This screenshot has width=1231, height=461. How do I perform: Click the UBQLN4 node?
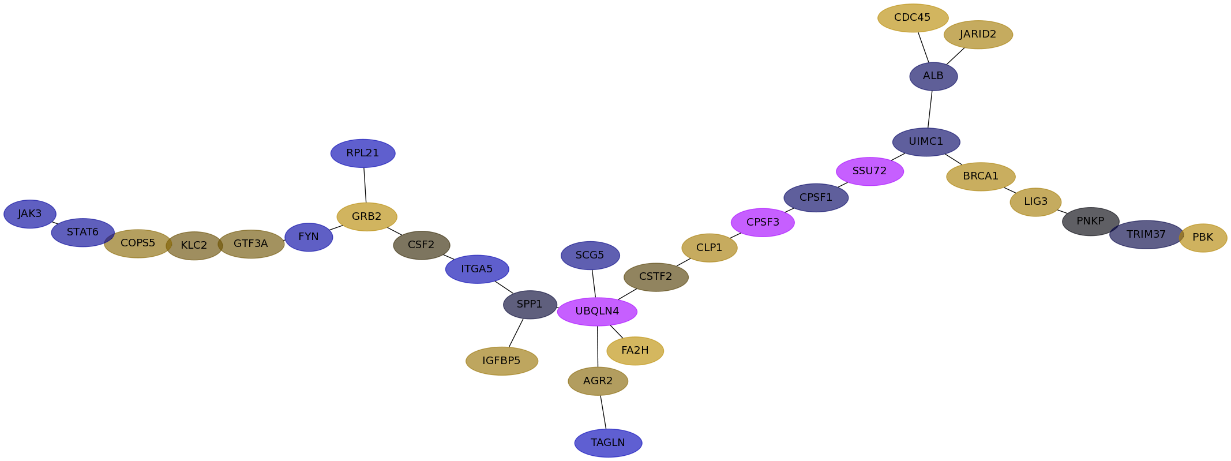click(x=597, y=312)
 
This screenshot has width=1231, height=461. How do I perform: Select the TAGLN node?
click(x=608, y=443)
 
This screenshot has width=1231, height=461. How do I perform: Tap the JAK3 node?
click(x=30, y=214)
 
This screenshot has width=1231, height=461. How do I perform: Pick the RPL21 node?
click(x=363, y=153)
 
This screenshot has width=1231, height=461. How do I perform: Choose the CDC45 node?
click(x=913, y=18)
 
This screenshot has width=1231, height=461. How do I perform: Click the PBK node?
click(x=1203, y=238)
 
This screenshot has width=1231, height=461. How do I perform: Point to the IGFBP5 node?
click(x=502, y=361)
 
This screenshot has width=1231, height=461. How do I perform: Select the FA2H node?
click(x=635, y=351)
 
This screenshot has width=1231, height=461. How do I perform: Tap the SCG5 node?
click(x=590, y=256)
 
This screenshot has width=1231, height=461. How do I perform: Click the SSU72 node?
click(x=869, y=171)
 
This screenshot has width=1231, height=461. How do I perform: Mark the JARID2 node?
click(x=978, y=35)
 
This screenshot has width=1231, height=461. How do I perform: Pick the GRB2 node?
click(x=367, y=217)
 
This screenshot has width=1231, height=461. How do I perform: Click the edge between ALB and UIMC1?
click(x=930, y=110)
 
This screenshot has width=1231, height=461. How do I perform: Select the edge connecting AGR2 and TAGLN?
click(x=603, y=412)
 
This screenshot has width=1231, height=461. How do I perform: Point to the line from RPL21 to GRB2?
click(x=365, y=185)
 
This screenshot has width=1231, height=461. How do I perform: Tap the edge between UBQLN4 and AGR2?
click(x=598, y=346)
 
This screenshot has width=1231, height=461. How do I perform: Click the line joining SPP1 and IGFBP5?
click(x=516, y=333)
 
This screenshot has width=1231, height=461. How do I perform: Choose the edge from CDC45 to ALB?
click(x=923, y=47)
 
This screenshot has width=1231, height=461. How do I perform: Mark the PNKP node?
click(x=1090, y=222)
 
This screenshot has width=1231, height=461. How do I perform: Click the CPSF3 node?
click(x=763, y=223)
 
